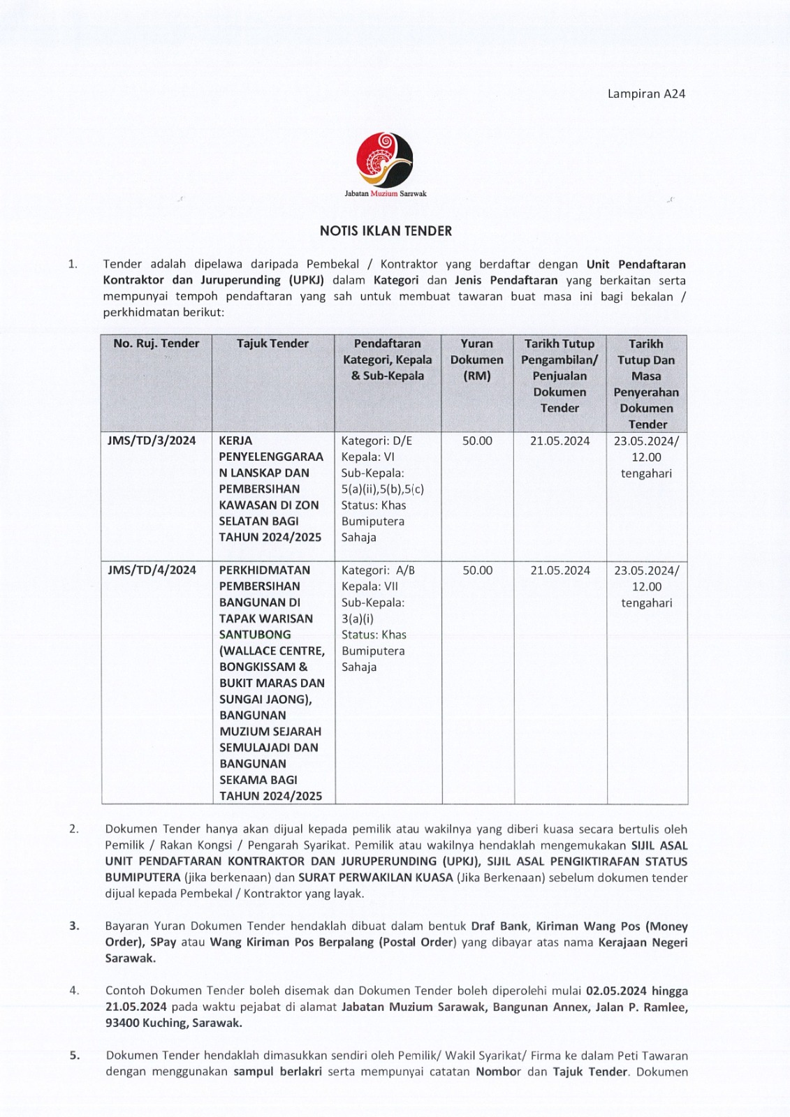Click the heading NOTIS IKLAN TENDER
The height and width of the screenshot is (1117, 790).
click(386, 231)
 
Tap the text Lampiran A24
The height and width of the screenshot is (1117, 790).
click(646, 94)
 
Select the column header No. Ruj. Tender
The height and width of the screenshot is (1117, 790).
click(156, 343)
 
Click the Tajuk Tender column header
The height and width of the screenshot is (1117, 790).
click(272, 343)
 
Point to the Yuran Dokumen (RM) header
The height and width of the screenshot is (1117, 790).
click(476, 360)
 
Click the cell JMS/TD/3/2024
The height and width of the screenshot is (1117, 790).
click(152, 441)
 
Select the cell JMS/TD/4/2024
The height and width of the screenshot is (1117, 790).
click(152, 570)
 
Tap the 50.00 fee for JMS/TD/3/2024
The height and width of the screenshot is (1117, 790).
click(477, 441)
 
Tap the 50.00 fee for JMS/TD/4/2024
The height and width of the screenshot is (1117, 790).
click(477, 570)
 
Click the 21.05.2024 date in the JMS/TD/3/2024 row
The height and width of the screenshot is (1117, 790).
click(559, 441)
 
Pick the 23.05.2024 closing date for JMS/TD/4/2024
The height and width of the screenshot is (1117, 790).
click(646, 570)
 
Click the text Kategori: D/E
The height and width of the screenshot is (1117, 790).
click(376, 441)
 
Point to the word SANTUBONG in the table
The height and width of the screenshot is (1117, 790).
click(255, 635)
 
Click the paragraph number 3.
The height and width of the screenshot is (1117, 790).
click(74, 926)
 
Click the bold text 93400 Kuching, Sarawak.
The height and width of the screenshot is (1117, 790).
click(174, 1023)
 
